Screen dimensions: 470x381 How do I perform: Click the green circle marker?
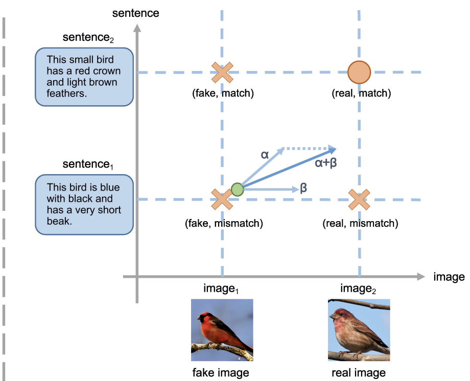[238, 189]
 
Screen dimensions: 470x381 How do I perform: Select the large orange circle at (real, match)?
[359, 72]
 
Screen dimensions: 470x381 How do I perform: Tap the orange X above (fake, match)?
[222, 72]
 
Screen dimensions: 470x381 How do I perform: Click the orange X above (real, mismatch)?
[359, 200]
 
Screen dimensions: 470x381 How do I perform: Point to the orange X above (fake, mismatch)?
[222, 199]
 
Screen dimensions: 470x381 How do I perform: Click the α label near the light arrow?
[265, 155]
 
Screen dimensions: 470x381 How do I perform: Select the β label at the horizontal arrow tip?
[303, 188]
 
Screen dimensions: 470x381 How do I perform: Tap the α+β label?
[326, 163]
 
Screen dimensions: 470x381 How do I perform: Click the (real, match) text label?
[361, 93]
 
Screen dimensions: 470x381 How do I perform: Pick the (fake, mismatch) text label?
[224, 223]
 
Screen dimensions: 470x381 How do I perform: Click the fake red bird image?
[222, 330]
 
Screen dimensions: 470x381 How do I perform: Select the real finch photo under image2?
[359, 330]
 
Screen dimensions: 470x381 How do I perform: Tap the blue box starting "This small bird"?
[84, 77]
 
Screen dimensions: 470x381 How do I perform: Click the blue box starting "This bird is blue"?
[84, 204]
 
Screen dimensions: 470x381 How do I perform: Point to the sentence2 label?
[88, 38]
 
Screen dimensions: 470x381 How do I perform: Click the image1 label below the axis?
[221, 289]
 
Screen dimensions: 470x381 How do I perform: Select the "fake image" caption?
[221, 373]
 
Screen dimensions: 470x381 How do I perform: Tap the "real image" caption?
[359, 373]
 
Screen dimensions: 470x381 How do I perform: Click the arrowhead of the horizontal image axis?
[421, 277]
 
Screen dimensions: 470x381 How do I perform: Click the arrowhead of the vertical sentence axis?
[137, 28]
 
